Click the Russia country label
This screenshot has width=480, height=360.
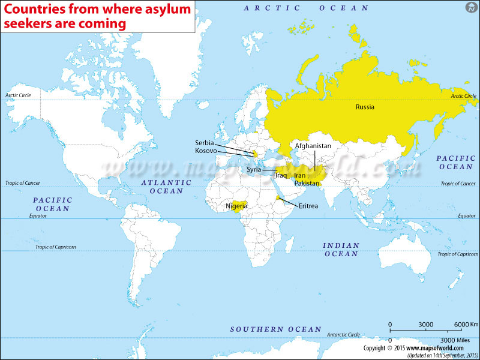click(x=364, y=107)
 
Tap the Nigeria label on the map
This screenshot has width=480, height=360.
click(x=236, y=206)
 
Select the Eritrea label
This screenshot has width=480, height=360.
click(x=308, y=206)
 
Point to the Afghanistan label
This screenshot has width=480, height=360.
click(x=313, y=146)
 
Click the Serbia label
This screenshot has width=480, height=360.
click(x=205, y=143)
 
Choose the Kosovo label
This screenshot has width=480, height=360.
click(x=206, y=151)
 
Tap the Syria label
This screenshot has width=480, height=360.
click(x=253, y=170)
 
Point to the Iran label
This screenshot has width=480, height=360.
click(x=299, y=175)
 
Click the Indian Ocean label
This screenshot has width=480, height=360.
click(x=341, y=250)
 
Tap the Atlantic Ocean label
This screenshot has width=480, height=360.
click(x=166, y=187)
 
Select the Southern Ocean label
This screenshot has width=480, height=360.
click(x=276, y=329)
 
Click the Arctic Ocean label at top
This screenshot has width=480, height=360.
click(x=306, y=8)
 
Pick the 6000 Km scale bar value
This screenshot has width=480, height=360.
click(x=466, y=324)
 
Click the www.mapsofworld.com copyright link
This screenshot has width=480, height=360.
click(x=436, y=348)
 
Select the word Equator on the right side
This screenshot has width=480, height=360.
click(x=466, y=215)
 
